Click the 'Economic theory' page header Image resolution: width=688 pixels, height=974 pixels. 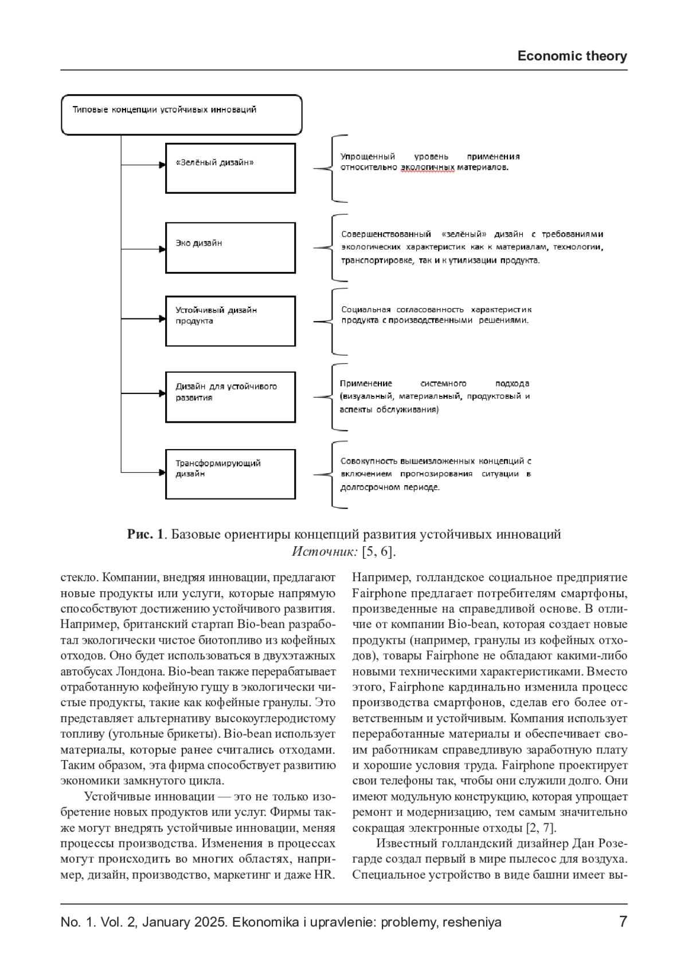pyautogui.click(x=572, y=56)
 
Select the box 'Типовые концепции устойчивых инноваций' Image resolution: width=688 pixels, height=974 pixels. pyautogui.click(x=181, y=115)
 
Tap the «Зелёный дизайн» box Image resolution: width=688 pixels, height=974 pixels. pyautogui.click(x=230, y=168)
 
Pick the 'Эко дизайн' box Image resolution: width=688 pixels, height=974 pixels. pyautogui.click(x=230, y=248)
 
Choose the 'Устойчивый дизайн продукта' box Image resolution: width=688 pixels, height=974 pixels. pyautogui.click(x=230, y=321)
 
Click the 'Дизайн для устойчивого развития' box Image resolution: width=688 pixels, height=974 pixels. pyautogui.click(x=230, y=397)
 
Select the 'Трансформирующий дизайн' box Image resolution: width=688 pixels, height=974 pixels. pyautogui.click(x=230, y=474)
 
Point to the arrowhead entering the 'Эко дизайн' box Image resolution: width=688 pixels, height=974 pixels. pyautogui.click(x=162, y=249)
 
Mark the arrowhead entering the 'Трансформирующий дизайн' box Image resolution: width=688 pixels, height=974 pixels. pyautogui.click(x=162, y=474)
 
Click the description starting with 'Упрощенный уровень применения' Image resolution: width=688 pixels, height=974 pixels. pyautogui.click(x=430, y=162)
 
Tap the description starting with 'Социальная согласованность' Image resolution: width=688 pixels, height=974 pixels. pyautogui.click(x=436, y=315)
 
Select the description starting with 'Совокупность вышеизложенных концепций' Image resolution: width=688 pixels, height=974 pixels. pyautogui.click(x=436, y=474)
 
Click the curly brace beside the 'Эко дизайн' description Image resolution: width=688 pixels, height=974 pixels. pyautogui.click(x=333, y=248)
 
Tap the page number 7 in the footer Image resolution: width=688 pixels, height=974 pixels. pyautogui.click(x=623, y=922)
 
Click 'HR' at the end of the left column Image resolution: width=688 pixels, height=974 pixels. pyautogui.click(x=325, y=875)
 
